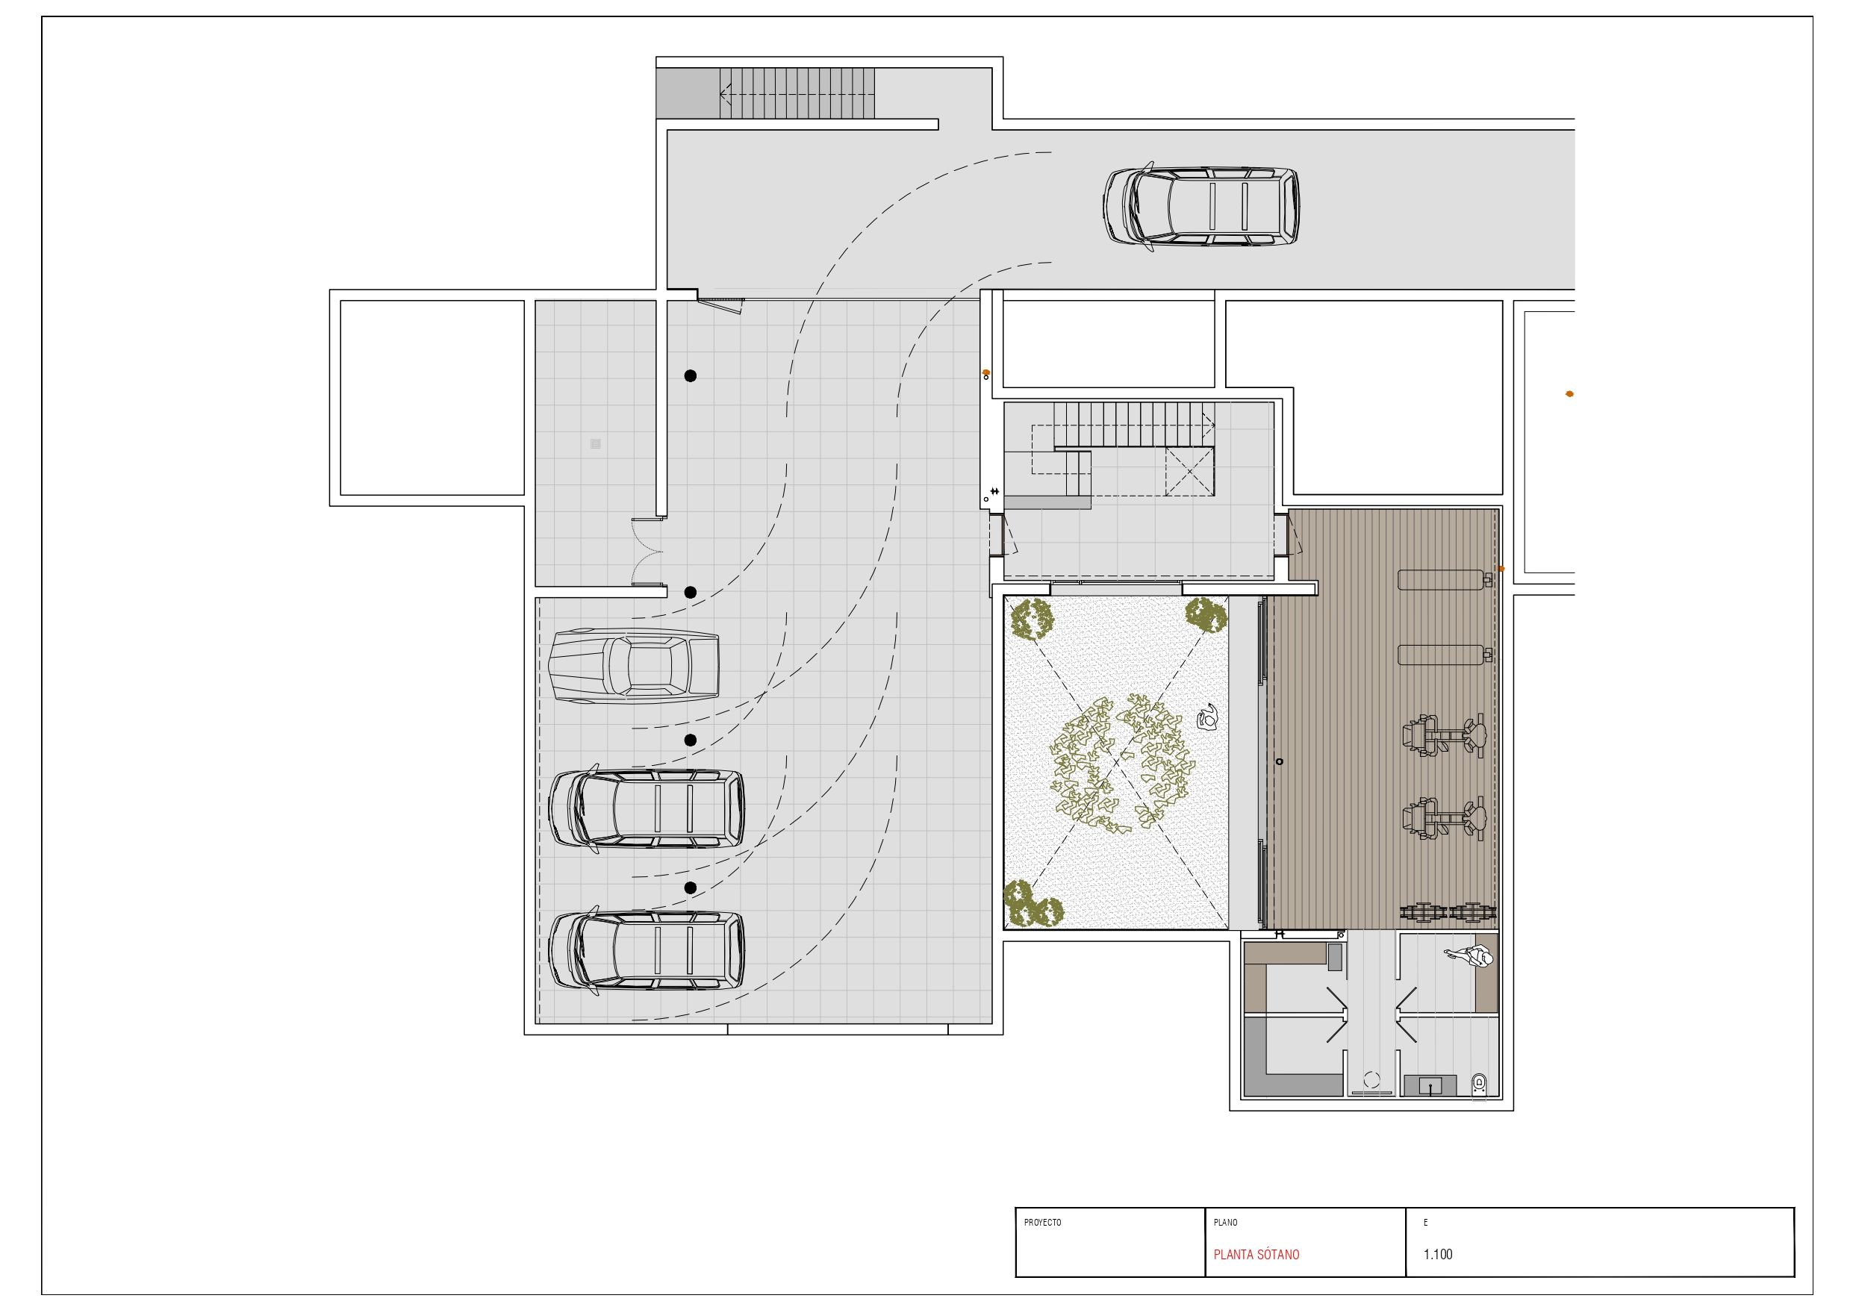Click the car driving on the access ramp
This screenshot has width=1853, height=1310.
[1202, 207]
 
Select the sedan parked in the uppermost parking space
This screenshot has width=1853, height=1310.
[634, 667]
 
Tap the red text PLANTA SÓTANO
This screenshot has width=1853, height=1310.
[1256, 1254]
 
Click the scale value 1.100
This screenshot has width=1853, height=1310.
[1438, 1254]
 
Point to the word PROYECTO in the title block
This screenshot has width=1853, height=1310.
[1043, 1223]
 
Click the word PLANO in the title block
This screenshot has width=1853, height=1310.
[1225, 1223]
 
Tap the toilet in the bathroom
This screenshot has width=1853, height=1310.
[1478, 1083]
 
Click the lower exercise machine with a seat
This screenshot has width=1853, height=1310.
[1445, 820]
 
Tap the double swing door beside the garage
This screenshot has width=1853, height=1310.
[647, 552]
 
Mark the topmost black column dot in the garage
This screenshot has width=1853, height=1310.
[690, 375]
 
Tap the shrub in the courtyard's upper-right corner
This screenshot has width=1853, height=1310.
[1206, 616]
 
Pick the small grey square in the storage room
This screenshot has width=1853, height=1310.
[596, 443]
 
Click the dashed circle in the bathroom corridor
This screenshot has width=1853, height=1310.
[1371, 1079]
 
